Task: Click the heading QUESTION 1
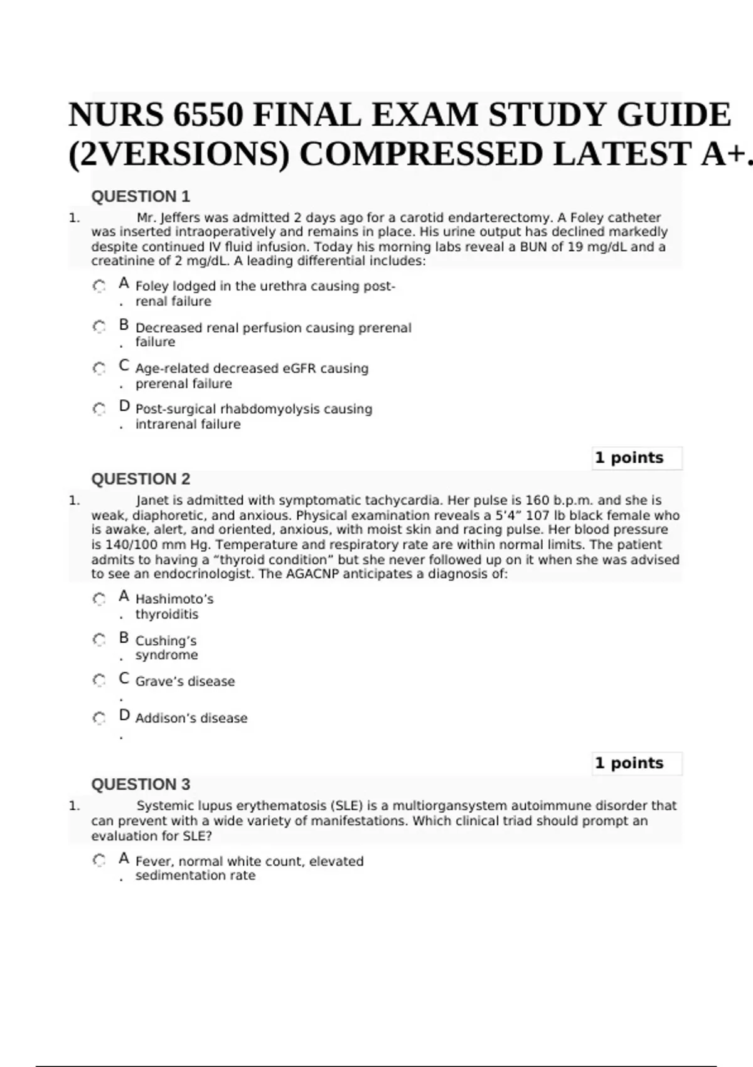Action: [141, 196]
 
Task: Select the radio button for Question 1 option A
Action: [99, 286]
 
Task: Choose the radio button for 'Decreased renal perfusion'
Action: [99, 327]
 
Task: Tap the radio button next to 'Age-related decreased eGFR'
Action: [99, 368]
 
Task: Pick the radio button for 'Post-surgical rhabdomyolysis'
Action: [99, 409]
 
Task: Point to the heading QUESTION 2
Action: [141, 479]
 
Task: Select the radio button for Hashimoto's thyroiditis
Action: [99, 599]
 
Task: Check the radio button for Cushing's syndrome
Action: [99, 640]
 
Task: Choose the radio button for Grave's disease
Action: [99, 681]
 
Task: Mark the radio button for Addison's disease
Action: [99, 718]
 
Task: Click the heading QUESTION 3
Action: [141, 785]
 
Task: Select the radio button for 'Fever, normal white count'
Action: [99, 861]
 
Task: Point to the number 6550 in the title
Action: [208, 115]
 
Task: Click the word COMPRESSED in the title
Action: [420, 154]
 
